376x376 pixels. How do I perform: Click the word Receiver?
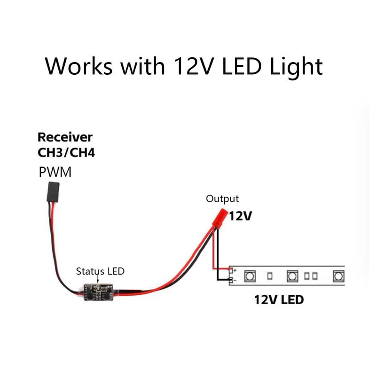point(65,138)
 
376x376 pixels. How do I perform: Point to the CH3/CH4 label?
point(66,153)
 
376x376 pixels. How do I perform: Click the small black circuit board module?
point(100,292)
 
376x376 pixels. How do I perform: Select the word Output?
point(222,199)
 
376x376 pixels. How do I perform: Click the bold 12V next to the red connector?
point(241,217)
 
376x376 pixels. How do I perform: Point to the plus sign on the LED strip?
point(234,271)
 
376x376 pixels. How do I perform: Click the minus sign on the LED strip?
point(234,281)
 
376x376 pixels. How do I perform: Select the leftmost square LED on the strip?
point(250,275)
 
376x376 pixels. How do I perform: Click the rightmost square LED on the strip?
point(338,275)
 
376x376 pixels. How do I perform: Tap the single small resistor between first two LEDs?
point(270,275)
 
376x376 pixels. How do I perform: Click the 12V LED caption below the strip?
point(279,299)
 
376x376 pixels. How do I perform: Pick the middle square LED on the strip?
point(292,275)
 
